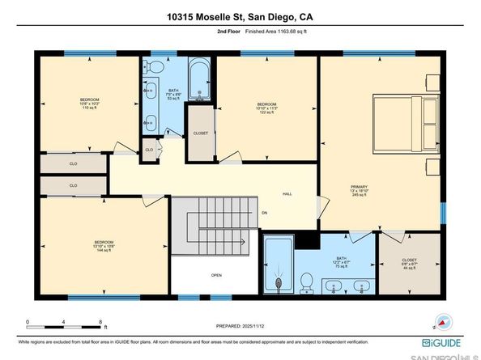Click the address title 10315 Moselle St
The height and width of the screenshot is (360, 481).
point(240,16)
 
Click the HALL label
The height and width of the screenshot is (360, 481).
point(287,194)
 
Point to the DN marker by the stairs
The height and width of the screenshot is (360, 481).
point(264,214)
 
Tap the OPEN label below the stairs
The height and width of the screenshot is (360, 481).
point(216,276)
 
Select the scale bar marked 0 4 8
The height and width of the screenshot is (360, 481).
point(64,327)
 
